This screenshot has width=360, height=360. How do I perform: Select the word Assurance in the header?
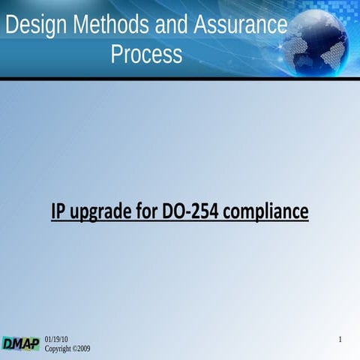tap(240, 25)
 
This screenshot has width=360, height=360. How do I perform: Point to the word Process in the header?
tap(146, 54)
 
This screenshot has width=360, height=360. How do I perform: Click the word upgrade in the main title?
tap(100, 213)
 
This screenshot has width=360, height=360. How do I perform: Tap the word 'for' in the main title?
tap(144, 212)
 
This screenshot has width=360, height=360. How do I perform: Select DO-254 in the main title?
tap(187, 212)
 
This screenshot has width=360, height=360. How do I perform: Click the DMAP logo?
tap(21, 343)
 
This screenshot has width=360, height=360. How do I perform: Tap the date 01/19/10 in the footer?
tap(56, 340)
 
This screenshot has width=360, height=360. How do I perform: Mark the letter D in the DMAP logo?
tap(8, 343)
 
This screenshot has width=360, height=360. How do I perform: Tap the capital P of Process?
tap(117, 54)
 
